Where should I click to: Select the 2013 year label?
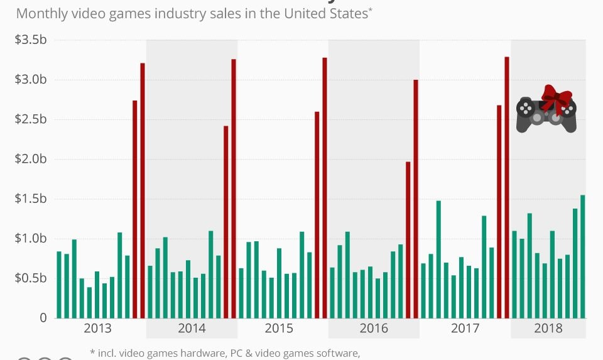point(97,329)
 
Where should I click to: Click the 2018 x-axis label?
point(548,329)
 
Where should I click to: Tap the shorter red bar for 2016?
point(408,239)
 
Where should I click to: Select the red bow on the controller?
point(556,98)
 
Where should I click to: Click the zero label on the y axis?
point(43,318)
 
